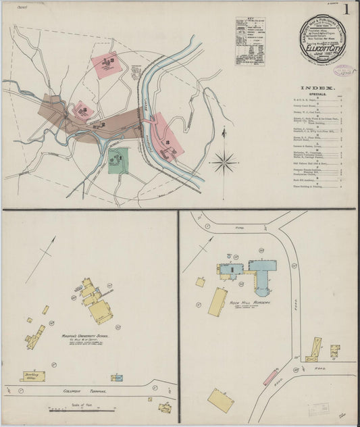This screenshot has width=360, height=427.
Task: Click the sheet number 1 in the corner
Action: (x=346, y=9)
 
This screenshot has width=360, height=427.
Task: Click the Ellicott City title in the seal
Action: (x=323, y=48)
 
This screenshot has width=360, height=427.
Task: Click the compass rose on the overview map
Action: (x=224, y=161)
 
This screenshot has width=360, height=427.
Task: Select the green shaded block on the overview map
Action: (x=118, y=160)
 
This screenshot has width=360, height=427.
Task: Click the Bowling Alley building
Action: (x=34, y=375)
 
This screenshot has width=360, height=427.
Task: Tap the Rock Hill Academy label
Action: (x=249, y=303)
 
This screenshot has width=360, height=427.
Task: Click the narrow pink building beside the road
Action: (x=270, y=377)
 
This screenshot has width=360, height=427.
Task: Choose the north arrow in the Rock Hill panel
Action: (x=195, y=257)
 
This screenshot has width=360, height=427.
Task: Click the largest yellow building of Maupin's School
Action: (x=101, y=311)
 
